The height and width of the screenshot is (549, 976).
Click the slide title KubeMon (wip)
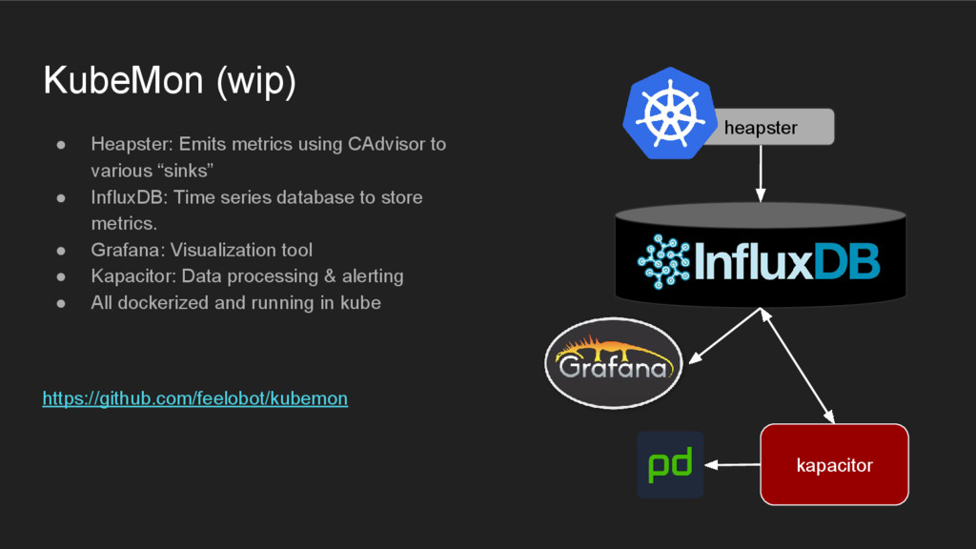[x=170, y=82]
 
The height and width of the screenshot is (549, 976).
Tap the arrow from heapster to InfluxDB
[x=761, y=173]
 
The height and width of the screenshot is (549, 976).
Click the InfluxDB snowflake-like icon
[x=663, y=260]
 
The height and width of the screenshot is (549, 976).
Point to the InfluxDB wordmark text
[x=787, y=260]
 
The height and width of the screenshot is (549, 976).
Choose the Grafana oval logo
[x=612, y=361]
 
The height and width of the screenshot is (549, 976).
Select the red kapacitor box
[x=834, y=464]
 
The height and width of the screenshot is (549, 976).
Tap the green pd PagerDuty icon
[x=670, y=464]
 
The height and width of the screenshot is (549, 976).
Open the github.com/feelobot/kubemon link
[x=195, y=398]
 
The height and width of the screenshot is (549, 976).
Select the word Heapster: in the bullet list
[x=130, y=145]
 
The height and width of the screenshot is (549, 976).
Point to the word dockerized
[x=157, y=303]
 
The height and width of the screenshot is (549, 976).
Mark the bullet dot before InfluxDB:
[x=60, y=197]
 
